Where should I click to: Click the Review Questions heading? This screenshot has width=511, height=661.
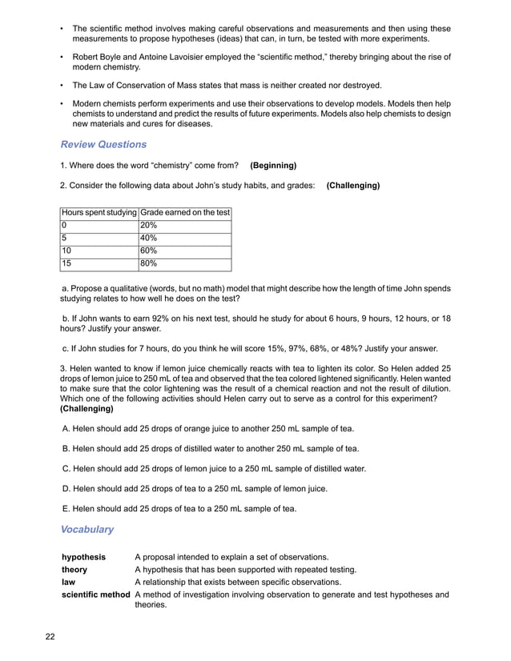click(103, 145)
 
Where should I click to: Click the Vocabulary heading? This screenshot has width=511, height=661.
click(87, 530)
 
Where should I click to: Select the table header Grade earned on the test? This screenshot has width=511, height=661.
click(185, 213)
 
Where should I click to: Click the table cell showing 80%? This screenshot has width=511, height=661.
click(149, 263)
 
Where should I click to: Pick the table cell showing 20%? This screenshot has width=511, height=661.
click(149, 226)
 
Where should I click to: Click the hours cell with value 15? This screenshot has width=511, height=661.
click(66, 263)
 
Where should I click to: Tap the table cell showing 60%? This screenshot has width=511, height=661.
click(149, 250)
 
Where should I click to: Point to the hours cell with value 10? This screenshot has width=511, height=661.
click(66, 250)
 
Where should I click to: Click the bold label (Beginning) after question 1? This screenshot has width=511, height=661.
click(273, 166)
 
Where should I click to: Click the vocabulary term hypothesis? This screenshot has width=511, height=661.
click(84, 557)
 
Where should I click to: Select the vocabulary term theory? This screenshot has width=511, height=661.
click(74, 570)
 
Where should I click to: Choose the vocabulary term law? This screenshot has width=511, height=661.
click(68, 583)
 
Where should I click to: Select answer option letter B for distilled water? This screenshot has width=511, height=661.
click(66, 448)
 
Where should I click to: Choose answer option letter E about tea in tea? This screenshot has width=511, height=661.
click(66, 508)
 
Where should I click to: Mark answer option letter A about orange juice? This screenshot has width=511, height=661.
click(66, 428)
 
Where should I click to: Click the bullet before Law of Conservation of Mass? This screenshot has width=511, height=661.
click(62, 86)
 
